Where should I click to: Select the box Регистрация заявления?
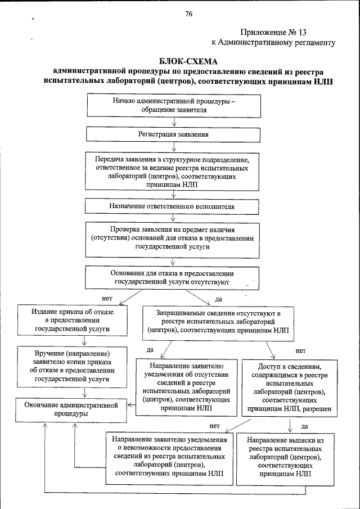coord(173,135)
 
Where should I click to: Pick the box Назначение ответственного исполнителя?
coord(172,206)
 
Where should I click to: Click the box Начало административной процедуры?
coord(173,106)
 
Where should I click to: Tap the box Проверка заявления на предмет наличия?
coord(173,238)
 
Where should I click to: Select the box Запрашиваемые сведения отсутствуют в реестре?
coord(220,322)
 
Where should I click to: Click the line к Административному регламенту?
coord(273,42)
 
